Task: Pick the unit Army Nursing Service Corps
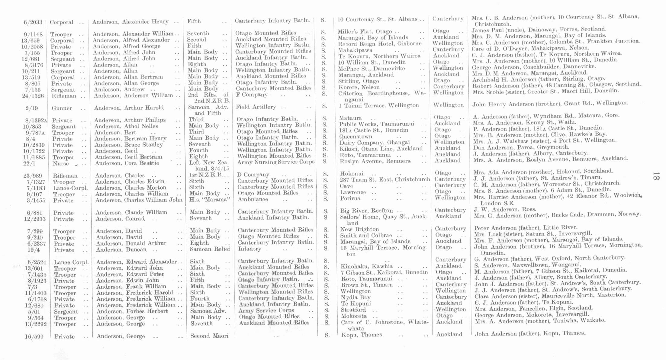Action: (x=276, y=162)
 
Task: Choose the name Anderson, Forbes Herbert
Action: (x=132, y=311)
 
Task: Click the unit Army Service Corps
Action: (x=266, y=310)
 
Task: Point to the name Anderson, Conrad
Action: (x=120, y=219)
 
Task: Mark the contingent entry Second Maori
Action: (x=209, y=336)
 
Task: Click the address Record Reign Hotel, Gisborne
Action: (x=379, y=44)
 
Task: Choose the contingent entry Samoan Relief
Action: (x=210, y=249)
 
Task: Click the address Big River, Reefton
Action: (x=367, y=211)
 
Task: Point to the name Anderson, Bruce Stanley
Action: (x=129, y=145)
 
